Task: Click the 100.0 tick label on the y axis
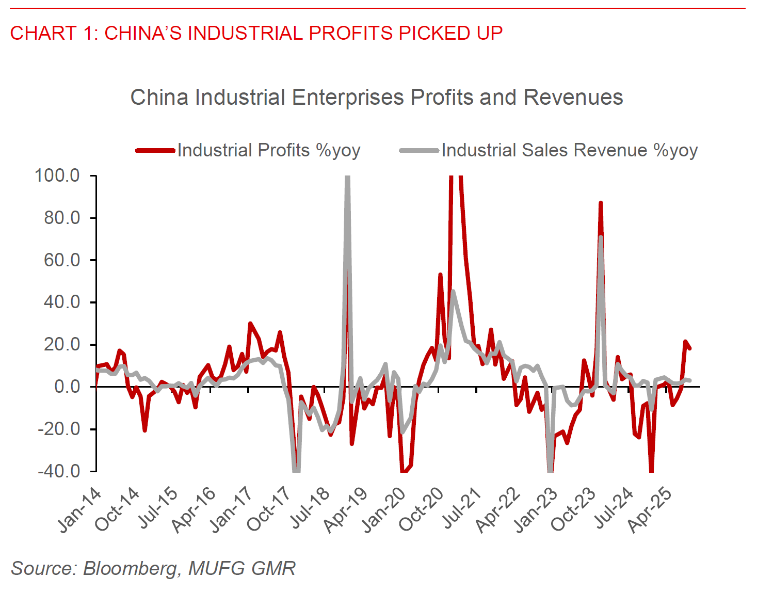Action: (x=57, y=176)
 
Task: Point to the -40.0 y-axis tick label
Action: (x=58, y=471)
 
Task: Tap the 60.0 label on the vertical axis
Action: (x=61, y=260)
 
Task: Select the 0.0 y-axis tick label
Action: (x=67, y=387)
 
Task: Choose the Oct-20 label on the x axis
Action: (x=422, y=510)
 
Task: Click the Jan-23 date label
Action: (x=536, y=510)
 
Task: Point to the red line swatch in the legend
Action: (x=155, y=151)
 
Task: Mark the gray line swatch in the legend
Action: (x=419, y=151)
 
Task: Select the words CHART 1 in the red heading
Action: (x=43, y=33)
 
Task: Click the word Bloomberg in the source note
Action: (x=130, y=568)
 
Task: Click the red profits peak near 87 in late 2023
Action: (x=600, y=203)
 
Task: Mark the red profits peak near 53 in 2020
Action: (x=440, y=275)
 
